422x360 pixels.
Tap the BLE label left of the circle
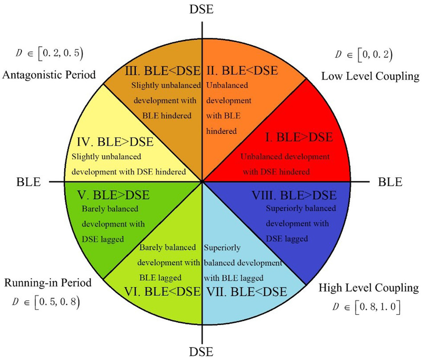(x=29, y=182)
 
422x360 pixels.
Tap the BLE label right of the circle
(x=390, y=182)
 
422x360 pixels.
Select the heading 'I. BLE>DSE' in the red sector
(x=299, y=138)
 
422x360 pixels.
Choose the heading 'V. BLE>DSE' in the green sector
(x=113, y=195)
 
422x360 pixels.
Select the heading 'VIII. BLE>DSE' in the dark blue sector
(x=294, y=195)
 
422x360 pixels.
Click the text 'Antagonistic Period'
(x=49, y=75)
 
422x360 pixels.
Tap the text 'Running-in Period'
(x=48, y=283)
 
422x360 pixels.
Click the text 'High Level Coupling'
(x=369, y=288)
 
